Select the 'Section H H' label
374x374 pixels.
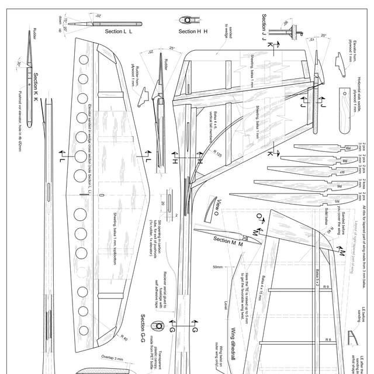coord(193,31)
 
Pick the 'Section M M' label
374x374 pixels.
coord(228,240)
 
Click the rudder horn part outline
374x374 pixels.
coord(140,99)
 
